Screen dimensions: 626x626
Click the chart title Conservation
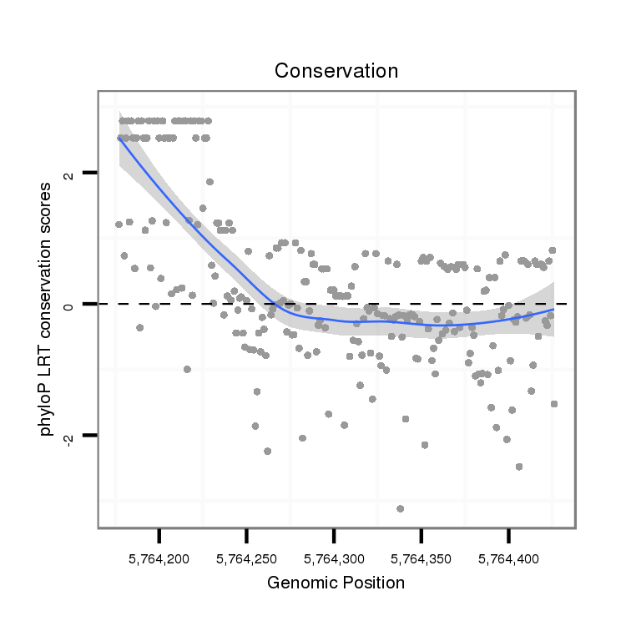click(336, 71)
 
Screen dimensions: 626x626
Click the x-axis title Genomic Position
click(336, 583)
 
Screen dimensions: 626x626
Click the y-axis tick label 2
click(69, 174)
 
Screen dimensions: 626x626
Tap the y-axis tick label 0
click(69, 305)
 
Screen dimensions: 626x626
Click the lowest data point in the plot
click(401, 508)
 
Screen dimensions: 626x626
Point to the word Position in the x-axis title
click(373, 583)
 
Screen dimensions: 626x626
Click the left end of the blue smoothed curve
click(119, 139)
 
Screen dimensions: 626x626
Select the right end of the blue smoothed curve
click(553, 310)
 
